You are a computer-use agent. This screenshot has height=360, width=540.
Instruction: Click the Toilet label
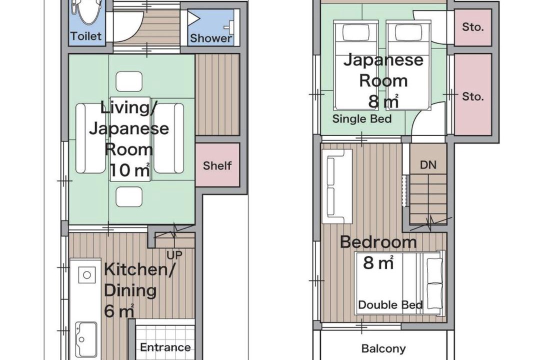(x=86, y=36)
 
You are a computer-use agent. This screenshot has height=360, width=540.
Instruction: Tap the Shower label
(x=211, y=38)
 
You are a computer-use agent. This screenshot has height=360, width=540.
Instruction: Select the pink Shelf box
(x=217, y=165)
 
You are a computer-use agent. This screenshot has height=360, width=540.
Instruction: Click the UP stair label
(x=174, y=255)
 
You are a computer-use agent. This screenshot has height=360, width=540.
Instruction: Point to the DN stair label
(x=428, y=165)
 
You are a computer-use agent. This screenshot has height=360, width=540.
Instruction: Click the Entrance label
(x=165, y=347)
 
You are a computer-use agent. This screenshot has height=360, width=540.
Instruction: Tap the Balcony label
(x=383, y=348)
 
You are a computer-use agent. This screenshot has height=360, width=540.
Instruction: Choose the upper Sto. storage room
(x=473, y=27)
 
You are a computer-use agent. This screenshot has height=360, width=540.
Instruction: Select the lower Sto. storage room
(x=473, y=94)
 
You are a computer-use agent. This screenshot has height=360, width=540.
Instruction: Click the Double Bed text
(x=390, y=304)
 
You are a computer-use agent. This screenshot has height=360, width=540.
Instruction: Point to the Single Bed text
(x=362, y=119)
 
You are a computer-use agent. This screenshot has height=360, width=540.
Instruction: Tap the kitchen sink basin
(x=86, y=339)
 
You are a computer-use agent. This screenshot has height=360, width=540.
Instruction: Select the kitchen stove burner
(x=87, y=275)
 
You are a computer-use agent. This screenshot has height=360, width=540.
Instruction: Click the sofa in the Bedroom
(x=337, y=186)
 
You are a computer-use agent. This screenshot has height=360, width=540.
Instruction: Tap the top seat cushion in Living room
(x=129, y=81)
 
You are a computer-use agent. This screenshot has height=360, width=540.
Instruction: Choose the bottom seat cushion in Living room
(x=129, y=196)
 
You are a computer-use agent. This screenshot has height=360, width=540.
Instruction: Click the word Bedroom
(x=378, y=242)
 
